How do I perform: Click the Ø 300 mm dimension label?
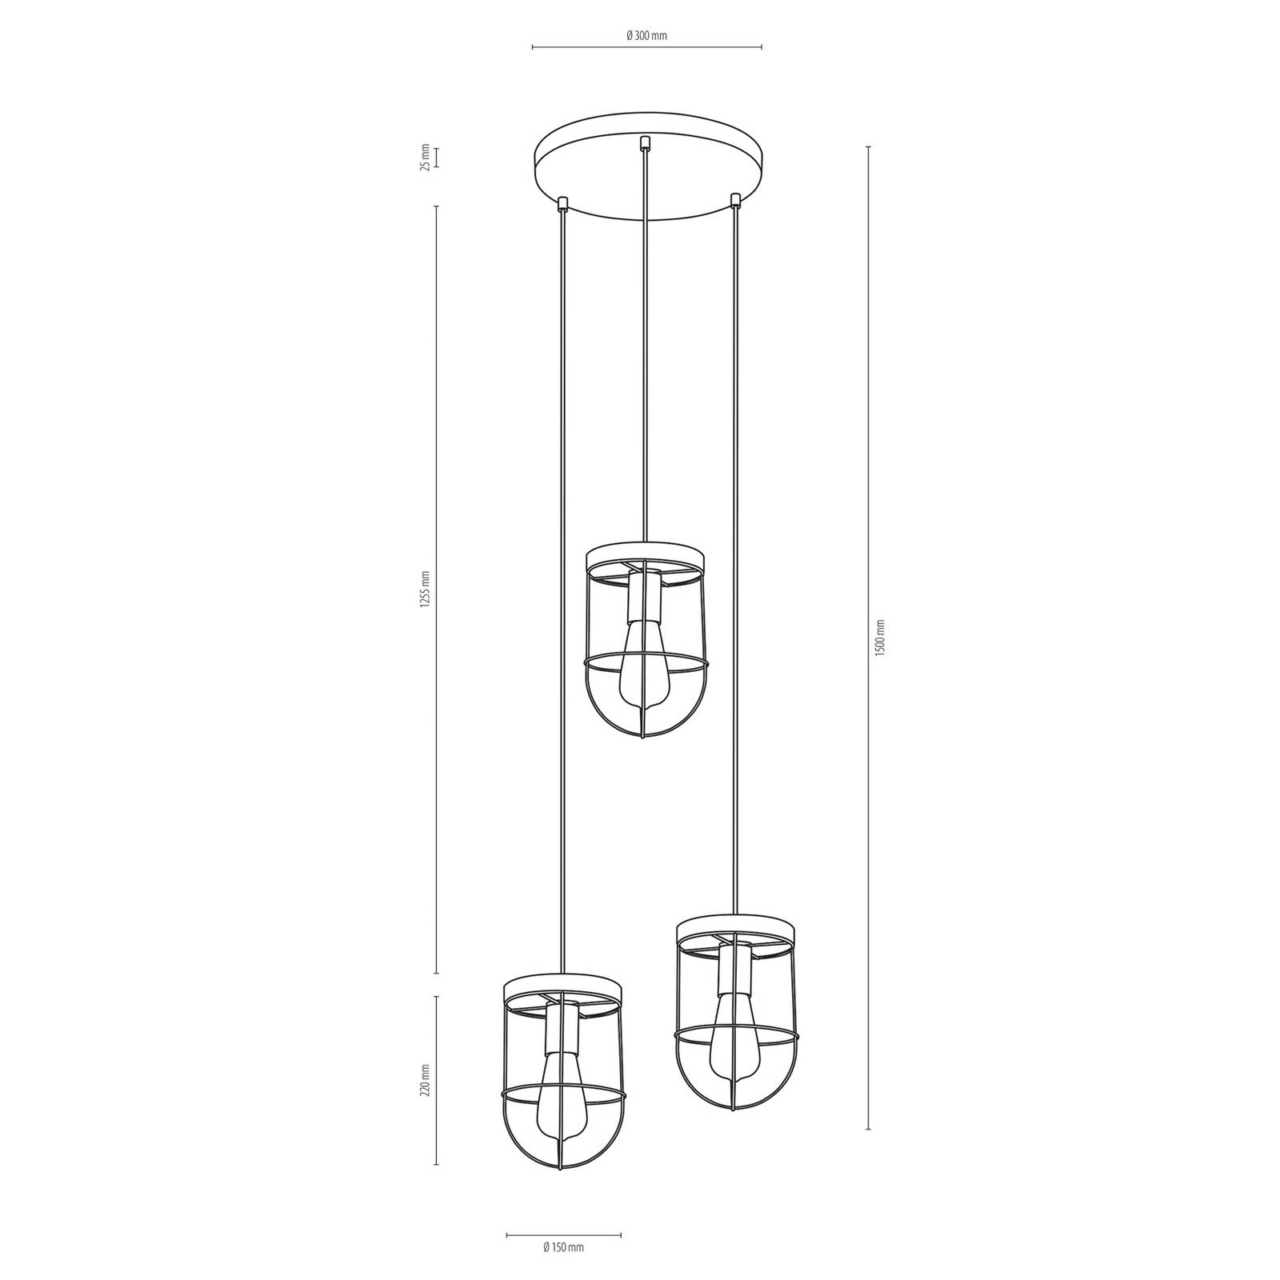[x=646, y=35]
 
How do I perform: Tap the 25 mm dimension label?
[x=426, y=158]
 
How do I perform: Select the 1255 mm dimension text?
[x=426, y=589]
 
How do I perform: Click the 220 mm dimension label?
[x=426, y=1080]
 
